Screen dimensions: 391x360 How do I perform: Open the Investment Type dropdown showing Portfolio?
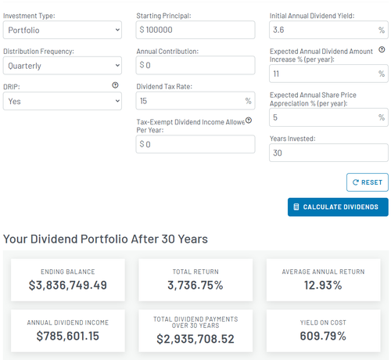coord(63,30)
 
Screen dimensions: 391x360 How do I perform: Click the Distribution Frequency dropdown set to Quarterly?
coord(63,66)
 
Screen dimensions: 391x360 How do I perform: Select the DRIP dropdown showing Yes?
coord(63,101)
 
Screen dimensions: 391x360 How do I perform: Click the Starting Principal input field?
coord(195,30)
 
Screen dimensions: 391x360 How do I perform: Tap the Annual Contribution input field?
coord(195,65)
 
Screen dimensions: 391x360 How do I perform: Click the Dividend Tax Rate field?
coord(195,101)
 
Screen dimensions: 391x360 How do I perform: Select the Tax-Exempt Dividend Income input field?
coord(195,144)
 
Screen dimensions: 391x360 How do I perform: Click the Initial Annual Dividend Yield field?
coord(328,30)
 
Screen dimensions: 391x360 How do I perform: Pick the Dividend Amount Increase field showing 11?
coord(328,74)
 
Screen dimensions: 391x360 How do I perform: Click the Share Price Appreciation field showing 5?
coord(328,117)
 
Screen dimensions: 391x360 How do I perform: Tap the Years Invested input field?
coord(328,153)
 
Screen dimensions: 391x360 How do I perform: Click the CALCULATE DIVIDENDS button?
coord(338,207)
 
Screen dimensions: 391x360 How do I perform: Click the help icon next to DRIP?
coord(115,85)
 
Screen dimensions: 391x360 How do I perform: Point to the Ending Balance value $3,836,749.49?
coord(68,285)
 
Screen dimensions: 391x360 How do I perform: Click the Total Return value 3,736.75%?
coord(195,285)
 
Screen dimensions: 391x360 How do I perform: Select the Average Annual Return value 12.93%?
coord(323,285)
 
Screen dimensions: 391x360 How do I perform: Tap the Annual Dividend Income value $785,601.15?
coord(68,336)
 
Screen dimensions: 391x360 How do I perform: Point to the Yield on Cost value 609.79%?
coord(323,336)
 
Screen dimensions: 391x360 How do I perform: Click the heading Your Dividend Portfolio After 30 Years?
coord(106,239)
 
